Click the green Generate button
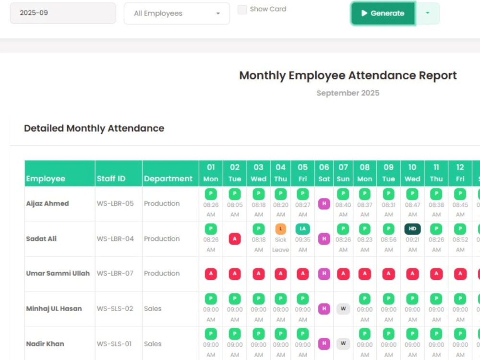point(383,13)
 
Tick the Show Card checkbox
point(242,10)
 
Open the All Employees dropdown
point(177,13)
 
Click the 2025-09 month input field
point(63,13)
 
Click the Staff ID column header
point(111,179)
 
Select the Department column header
point(168,179)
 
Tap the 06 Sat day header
point(324,173)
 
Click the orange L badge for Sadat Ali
point(280,229)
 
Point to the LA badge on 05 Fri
point(302,229)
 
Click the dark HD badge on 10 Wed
point(412,229)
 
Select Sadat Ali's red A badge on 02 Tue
point(235,239)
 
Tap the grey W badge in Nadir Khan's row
point(343,344)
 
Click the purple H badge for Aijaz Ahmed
point(324,204)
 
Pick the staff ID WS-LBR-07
point(115,274)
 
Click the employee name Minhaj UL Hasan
point(54,309)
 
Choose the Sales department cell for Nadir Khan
point(153,344)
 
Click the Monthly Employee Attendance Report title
point(348,76)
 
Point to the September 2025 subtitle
point(348,93)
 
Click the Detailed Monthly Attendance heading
point(94,128)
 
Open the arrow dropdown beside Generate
point(428,13)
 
